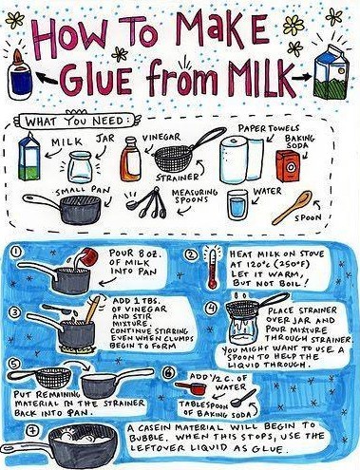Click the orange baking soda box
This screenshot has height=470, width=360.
288,165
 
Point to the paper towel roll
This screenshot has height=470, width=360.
241,160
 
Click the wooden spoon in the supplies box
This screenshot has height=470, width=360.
293,207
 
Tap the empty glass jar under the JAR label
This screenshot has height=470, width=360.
80,166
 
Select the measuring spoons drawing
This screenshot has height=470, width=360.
147,203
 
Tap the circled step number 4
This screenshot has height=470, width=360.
212,308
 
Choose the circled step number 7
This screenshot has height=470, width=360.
34,431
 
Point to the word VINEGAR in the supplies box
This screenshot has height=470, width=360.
161,138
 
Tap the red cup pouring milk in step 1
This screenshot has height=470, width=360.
88,255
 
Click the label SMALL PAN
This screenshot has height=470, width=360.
83,191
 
